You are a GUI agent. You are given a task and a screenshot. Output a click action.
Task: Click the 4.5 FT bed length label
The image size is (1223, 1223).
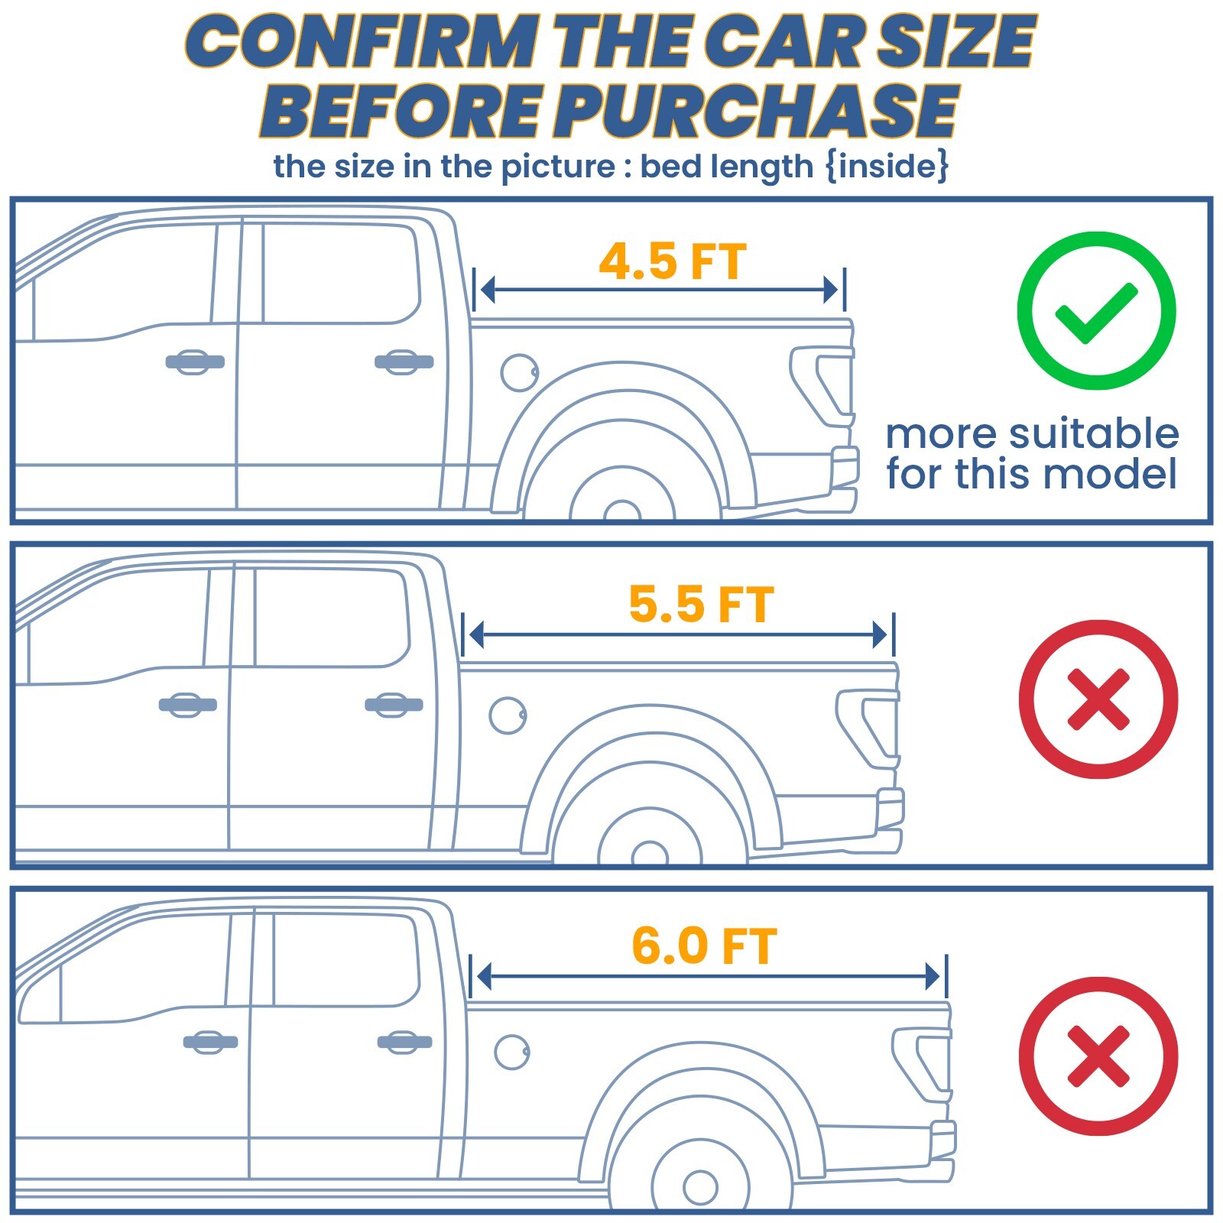pos(672,261)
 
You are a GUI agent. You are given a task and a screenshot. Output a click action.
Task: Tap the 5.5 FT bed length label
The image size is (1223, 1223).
pos(701,605)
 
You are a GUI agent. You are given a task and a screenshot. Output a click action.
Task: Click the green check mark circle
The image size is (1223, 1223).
pos(1096,311)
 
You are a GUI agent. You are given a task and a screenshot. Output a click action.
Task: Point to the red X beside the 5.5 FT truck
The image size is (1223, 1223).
pos(1098,699)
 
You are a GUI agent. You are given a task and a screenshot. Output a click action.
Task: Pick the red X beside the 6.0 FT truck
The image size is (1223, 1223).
pos(1098,1056)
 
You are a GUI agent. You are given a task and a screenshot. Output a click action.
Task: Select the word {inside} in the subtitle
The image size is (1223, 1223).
pos(887,166)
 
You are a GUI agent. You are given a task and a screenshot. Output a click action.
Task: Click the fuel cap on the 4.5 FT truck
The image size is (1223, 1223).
pos(520,373)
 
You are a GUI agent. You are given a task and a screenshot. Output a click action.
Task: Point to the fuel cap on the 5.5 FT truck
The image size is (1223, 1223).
pos(508,715)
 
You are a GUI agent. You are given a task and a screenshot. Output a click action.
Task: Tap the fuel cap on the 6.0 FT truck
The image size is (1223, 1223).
pos(512,1053)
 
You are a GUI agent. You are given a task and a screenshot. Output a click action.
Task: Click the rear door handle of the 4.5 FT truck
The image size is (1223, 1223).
pos(404,362)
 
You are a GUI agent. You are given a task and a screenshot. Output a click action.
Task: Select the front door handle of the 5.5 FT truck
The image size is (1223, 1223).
pos(187,705)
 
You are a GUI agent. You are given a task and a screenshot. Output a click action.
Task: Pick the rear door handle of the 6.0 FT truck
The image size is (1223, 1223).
pos(404,1042)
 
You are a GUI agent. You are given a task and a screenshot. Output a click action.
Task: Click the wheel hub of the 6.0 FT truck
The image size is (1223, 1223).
pos(700,1186)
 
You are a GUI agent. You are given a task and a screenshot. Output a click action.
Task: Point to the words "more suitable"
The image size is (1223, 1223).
pos(1032,434)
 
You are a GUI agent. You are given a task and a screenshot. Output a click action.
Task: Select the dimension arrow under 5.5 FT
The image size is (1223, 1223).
pos(678,634)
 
